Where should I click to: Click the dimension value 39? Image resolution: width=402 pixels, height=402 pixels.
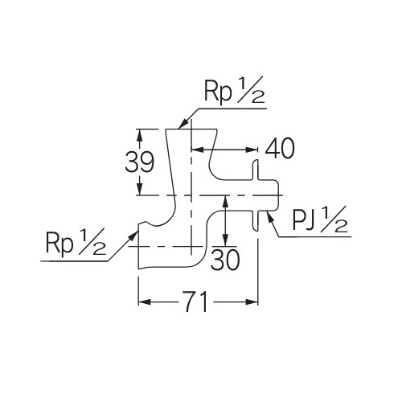pos(141,162)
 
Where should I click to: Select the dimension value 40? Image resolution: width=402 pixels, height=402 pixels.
pos(278,149)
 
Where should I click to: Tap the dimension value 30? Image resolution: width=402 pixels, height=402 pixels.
pos(226,259)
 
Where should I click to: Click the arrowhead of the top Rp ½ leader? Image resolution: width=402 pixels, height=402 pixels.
pos(183,125)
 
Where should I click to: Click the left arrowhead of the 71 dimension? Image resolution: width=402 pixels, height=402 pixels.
pos(142,302)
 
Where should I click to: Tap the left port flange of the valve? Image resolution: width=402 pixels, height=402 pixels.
pos(141,245)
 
